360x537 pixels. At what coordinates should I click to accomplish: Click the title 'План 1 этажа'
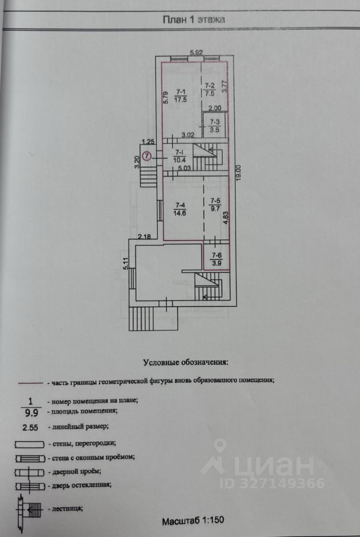(194, 20)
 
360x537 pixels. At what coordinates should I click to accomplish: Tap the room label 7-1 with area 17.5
(180, 96)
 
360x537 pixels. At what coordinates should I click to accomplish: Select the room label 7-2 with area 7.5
(209, 89)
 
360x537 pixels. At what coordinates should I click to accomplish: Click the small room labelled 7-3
(214, 125)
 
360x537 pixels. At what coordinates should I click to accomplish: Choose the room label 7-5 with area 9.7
(216, 204)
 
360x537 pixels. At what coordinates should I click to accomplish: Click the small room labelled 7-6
(216, 259)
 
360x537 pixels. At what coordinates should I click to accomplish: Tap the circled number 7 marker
(147, 156)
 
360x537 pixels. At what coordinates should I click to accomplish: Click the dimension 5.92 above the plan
(197, 53)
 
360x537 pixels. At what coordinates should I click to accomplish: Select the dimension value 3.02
(188, 135)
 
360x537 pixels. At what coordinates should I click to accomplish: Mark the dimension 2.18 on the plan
(144, 236)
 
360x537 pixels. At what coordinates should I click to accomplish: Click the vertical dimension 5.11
(126, 263)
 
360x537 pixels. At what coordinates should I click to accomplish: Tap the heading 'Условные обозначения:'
(185, 362)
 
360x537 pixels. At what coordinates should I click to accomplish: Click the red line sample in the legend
(31, 383)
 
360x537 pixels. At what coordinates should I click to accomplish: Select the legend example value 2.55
(30, 427)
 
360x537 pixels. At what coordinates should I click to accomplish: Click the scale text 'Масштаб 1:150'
(193, 521)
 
